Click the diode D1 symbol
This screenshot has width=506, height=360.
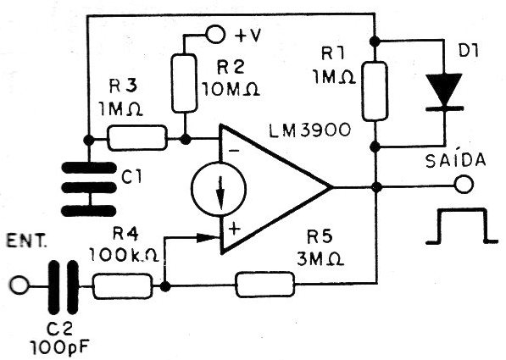(444, 92)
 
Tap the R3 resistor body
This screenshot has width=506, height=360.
(137, 139)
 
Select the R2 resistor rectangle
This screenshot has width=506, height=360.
(184, 84)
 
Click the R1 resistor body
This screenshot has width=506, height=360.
(375, 91)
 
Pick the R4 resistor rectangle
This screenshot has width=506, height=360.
(123, 285)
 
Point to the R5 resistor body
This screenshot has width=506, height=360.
(265, 285)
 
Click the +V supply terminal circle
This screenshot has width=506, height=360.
(215, 34)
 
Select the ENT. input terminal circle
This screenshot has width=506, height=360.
(19, 285)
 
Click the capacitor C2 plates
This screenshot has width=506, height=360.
(64, 287)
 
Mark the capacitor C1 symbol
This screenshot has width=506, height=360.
(88, 189)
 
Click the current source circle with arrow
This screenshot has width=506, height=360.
(219, 189)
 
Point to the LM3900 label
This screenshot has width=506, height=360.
(309, 130)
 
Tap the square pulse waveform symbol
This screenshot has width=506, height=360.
(461, 226)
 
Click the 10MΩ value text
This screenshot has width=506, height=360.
(231, 89)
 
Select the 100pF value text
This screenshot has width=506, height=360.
(60, 347)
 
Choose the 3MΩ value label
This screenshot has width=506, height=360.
(320, 258)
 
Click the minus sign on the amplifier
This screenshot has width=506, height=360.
(236, 150)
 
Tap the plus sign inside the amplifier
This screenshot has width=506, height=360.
(235, 230)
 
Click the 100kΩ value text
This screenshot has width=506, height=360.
(124, 256)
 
